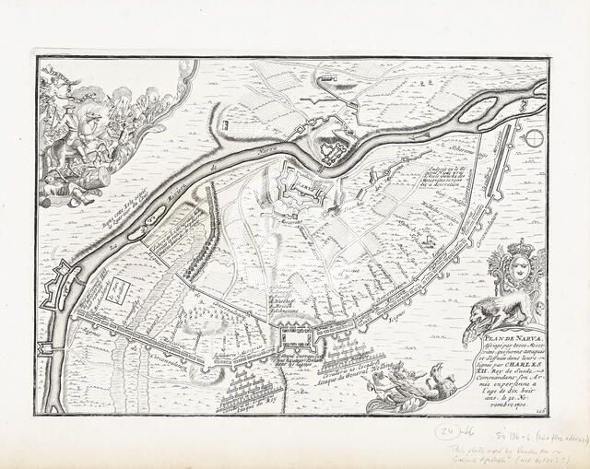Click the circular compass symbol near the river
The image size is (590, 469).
coord(533,139)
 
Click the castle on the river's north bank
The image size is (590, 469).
coord(331,147)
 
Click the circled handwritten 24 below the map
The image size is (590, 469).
coord(447,431)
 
